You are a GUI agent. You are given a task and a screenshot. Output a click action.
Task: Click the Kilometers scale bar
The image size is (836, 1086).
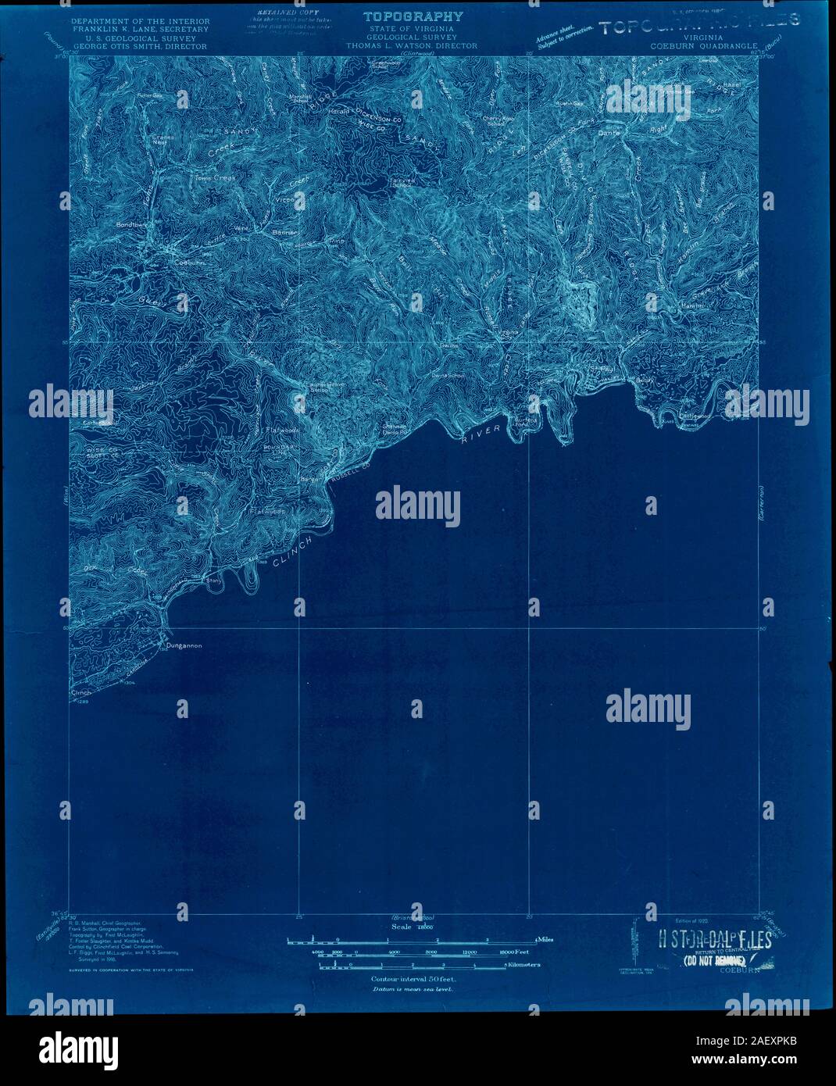412,966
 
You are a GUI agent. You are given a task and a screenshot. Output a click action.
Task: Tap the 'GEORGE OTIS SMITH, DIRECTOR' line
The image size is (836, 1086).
139,46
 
